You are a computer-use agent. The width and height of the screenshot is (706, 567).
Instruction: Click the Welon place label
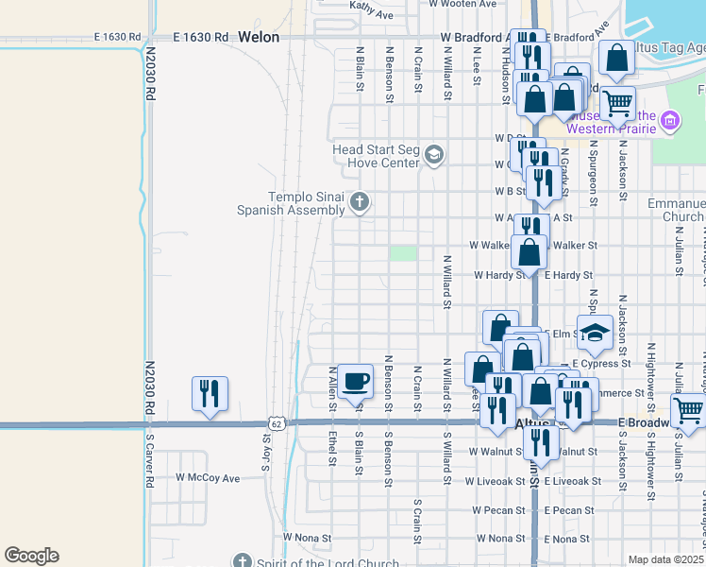pyautogui.click(x=259, y=38)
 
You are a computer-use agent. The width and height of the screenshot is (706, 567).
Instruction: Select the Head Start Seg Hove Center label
pyautogui.click(x=375, y=155)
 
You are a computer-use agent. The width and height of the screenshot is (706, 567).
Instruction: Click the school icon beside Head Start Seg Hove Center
pyautogui.click(x=434, y=154)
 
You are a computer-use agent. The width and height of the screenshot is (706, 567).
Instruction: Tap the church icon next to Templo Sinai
pyautogui.click(x=359, y=201)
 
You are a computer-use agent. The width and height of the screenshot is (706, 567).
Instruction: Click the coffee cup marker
pyautogui.click(x=355, y=381)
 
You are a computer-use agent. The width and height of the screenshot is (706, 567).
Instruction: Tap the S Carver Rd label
pyautogui.click(x=149, y=461)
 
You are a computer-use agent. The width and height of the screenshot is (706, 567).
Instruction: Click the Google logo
pyautogui.click(x=31, y=556)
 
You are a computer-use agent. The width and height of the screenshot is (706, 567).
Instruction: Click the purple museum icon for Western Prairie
pyautogui.click(x=670, y=120)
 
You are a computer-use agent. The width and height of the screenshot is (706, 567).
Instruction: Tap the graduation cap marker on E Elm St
pyautogui.click(x=596, y=332)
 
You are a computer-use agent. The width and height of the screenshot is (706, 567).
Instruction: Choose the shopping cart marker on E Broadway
pyautogui.click(x=688, y=411)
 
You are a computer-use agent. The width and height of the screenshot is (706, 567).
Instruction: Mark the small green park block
pyautogui.click(x=404, y=253)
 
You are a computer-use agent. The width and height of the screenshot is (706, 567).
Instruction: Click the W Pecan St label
pyautogui.click(x=498, y=510)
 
